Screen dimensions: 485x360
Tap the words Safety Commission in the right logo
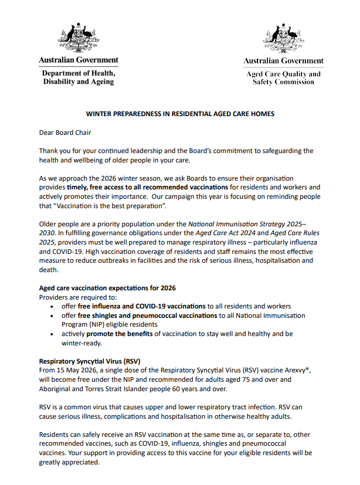tap(283, 82)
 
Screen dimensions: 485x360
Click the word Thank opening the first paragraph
tap(49, 151)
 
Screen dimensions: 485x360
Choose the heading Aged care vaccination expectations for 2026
tap(107, 288)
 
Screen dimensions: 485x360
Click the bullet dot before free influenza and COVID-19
tap(54, 307)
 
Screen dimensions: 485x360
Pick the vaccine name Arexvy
tap(293, 371)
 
